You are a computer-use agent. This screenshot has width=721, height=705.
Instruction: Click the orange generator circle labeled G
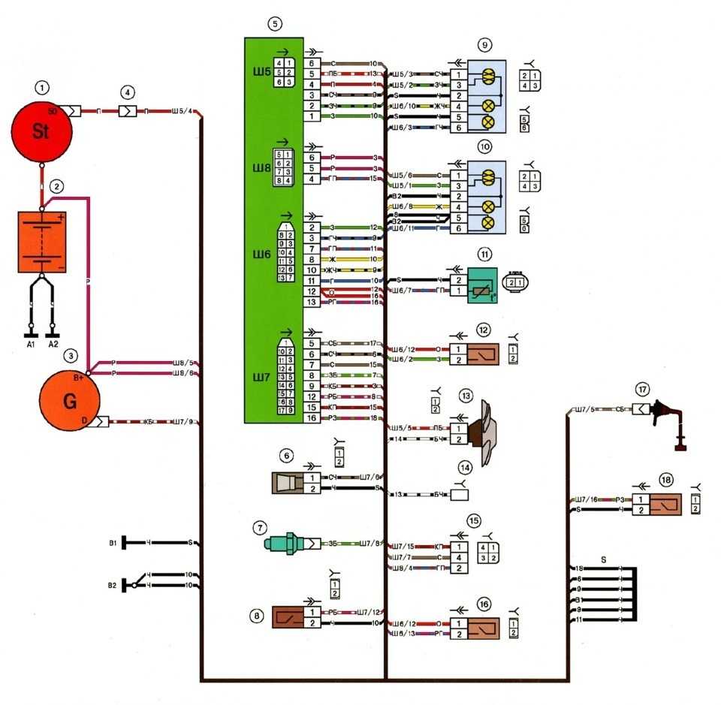(69, 400)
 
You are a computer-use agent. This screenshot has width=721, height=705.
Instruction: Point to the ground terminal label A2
(53, 345)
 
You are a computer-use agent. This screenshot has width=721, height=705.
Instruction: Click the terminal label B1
(113, 542)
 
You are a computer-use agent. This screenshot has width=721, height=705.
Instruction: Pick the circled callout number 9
(485, 45)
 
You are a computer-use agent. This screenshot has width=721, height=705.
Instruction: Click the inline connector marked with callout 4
(128, 111)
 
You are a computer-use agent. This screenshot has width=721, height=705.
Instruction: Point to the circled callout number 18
(665, 479)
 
